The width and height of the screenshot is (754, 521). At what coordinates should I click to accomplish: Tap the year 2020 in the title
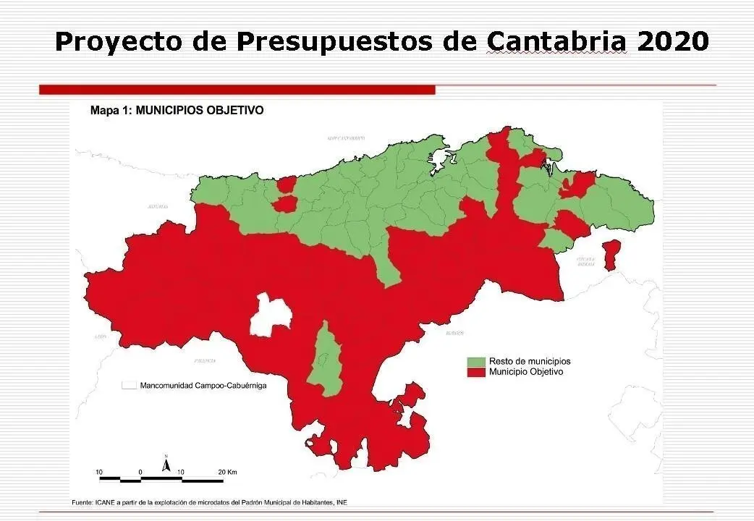click(673, 41)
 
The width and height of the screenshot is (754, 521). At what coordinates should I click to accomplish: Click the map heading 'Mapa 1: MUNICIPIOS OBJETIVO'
click(177, 111)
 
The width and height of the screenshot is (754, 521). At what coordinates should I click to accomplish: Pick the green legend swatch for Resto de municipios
click(475, 361)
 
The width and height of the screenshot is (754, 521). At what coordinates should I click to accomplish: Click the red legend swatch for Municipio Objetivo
click(475, 372)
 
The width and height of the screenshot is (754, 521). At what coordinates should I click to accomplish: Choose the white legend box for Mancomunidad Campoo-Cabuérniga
click(130, 386)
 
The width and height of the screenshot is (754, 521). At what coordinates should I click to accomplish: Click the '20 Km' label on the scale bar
click(227, 472)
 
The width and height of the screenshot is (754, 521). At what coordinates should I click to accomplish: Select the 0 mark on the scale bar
click(140, 472)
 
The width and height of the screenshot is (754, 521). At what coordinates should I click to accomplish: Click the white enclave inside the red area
click(270, 315)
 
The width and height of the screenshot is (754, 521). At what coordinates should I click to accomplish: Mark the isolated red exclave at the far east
click(612, 255)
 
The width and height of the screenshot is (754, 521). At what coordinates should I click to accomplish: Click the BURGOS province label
click(454, 334)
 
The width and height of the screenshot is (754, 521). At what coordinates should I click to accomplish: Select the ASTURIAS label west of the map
click(158, 206)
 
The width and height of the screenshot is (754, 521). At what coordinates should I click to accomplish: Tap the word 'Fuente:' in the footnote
click(82, 502)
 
